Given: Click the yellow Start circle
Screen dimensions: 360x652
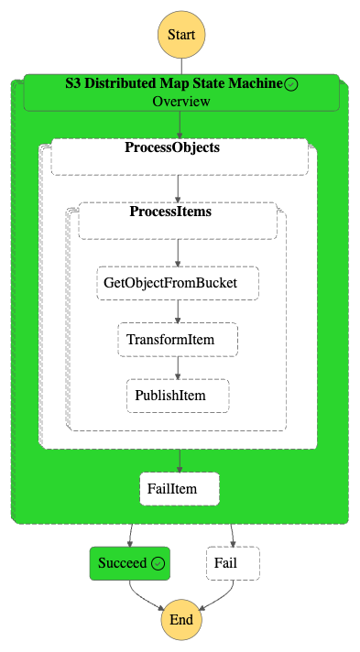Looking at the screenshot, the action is [x=181, y=35].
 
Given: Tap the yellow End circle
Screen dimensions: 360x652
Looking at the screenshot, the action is [x=181, y=620].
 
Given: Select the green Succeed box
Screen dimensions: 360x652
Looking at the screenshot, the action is [x=130, y=563].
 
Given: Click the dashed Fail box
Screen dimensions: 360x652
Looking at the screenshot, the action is [x=233, y=563].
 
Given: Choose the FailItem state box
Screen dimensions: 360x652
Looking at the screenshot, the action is [x=180, y=489].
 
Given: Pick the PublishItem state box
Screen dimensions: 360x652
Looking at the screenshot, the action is [x=178, y=396].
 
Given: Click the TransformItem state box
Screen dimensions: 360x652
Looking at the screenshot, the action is [x=178, y=340].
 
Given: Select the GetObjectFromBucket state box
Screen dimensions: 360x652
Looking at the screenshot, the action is [x=178, y=283].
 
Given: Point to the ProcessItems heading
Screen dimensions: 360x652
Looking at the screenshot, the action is [x=170, y=212].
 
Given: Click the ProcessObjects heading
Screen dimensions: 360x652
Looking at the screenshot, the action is [x=172, y=147].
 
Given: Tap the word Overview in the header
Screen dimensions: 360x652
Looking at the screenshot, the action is [x=181, y=102].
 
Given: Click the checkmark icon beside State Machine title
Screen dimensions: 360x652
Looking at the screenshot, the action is [x=291, y=84].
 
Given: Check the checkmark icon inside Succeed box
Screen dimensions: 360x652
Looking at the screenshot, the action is [x=158, y=563].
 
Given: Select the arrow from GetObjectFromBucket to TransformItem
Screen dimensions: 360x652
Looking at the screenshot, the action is [x=178, y=311].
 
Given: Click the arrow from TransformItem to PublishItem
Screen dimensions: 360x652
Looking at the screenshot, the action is [x=178, y=367].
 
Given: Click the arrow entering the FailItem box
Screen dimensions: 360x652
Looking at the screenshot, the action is [x=180, y=461].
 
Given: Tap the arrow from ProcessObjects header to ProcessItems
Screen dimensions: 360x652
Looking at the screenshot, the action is [x=178, y=189].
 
